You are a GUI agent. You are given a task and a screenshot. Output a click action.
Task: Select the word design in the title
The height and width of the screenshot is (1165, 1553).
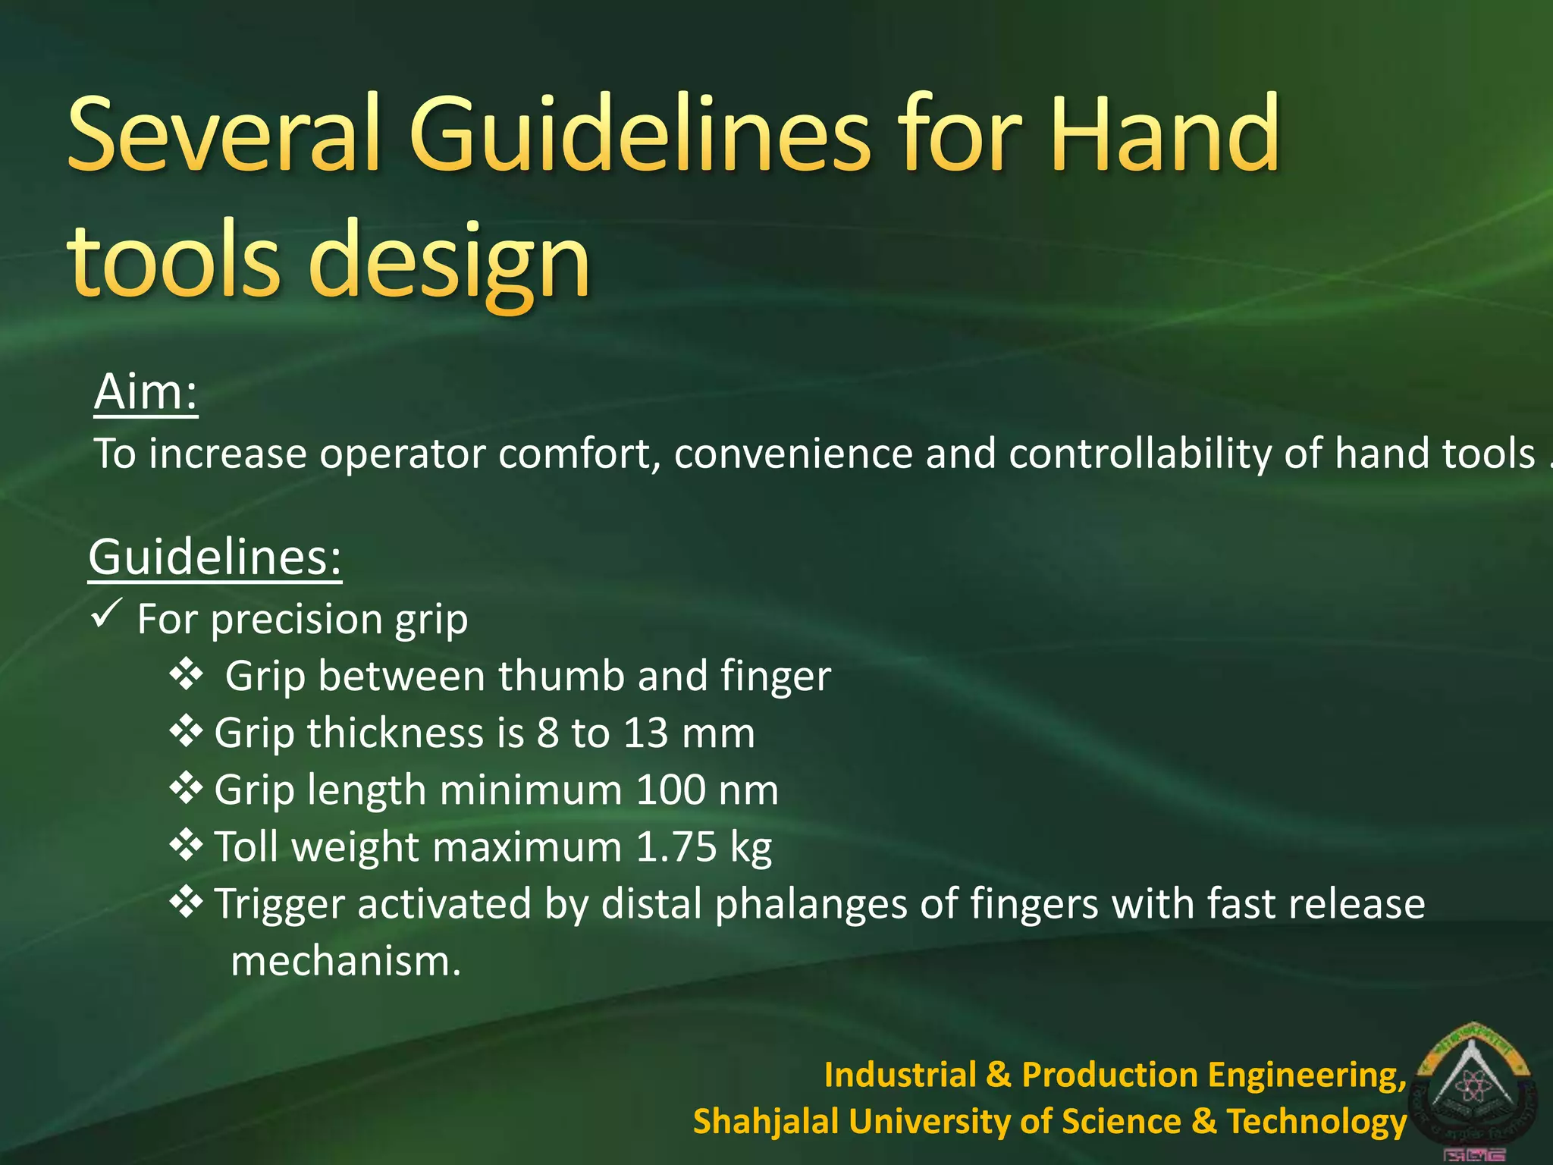pyautogui.click(x=448, y=262)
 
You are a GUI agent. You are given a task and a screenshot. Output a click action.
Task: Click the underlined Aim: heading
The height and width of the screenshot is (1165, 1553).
pyautogui.click(x=146, y=392)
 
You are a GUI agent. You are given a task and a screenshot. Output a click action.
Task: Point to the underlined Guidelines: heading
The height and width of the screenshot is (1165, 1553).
pyautogui.click(x=215, y=557)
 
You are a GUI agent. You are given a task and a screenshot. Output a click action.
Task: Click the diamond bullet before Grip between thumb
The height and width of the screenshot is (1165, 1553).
pyautogui.click(x=186, y=674)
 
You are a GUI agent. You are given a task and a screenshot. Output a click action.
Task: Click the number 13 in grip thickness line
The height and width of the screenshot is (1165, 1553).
pyautogui.click(x=645, y=733)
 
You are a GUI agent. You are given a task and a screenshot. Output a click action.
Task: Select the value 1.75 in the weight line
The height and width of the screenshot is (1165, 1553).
pyautogui.click(x=676, y=847)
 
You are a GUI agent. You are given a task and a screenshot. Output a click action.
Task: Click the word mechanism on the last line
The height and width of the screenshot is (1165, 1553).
pyautogui.click(x=346, y=962)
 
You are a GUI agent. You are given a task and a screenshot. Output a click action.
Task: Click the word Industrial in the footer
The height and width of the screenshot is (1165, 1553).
pyautogui.click(x=900, y=1075)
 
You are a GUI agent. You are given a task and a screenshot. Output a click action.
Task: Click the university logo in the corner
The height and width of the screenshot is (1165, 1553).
pyautogui.click(x=1475, y=1089)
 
